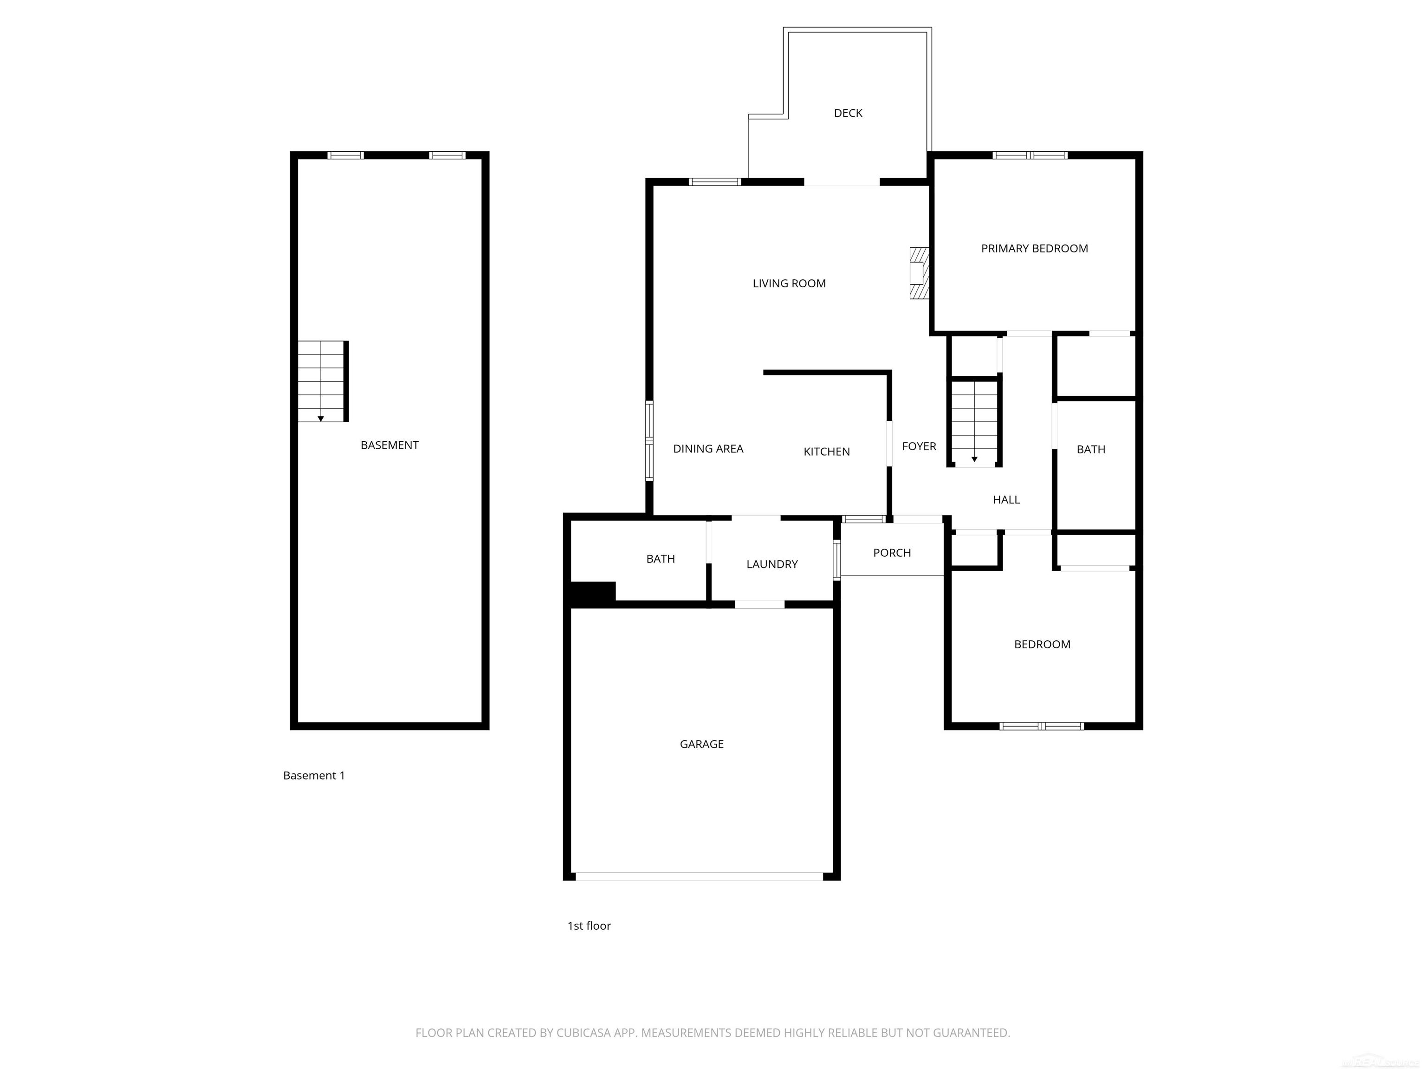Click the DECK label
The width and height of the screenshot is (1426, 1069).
pyautogui.click(x=848, y=113)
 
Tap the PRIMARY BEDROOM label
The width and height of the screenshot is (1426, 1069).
pyautogui.click(x=1034, y=249)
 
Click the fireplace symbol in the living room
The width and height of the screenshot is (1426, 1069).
pyautogui.click(x=919, y=274)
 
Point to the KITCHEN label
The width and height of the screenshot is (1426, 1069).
pyautogui.click(x=826, y=452)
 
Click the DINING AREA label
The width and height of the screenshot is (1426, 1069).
pyautogui.click(x=708, y=449)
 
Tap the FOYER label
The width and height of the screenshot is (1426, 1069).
pyautogui.click(x=919, y=446)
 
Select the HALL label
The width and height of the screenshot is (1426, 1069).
pyautogui.click(x=1006, y=500)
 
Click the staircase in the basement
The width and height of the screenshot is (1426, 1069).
pyautogui.click(x=322, y=381)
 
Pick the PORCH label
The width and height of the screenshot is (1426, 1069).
pyautogui.click(x=892, y=553)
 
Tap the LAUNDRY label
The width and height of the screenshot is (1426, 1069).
pyautogui.click(x=771, y=565)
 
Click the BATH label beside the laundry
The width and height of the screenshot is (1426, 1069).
pyautogui.click(x=660, y=559)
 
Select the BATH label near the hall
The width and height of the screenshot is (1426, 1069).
pyautogui.click(x=1090, y=450)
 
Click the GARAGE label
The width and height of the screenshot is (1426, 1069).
pyautogui.click(x=701, y=744)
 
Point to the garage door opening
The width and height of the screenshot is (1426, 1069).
pyautogui.click(x=700, y=877)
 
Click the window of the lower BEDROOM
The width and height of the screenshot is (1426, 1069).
pyautogui.click(x=1041, y=726)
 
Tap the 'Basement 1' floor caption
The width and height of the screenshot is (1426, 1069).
pyautogui.click(x=314, y=776)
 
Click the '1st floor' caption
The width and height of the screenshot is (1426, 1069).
pyautogui.click(x=589, y=926)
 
